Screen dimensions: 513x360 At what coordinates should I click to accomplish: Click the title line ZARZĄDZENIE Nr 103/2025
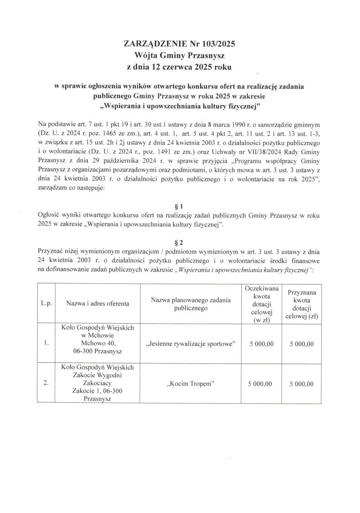(x=180, y=44)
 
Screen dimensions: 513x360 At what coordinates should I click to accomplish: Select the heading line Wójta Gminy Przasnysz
(x=180, y=55)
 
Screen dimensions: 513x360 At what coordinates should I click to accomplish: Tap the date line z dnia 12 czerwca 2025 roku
(x=180, y=67)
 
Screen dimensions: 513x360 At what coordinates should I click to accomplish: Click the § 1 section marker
(x=180, y=207)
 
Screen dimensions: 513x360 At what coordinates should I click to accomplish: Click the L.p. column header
(x=46, y=303)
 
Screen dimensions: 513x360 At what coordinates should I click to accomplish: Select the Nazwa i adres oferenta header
(x=98, y=303)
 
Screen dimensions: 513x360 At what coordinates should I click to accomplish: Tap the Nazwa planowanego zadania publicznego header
(x=191, y=304)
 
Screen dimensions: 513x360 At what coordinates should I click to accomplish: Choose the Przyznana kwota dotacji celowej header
(x=301, y=304)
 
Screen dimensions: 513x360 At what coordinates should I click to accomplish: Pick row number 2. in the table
(x=46, y=384)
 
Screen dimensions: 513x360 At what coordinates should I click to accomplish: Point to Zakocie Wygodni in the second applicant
(x=98, y=375)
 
